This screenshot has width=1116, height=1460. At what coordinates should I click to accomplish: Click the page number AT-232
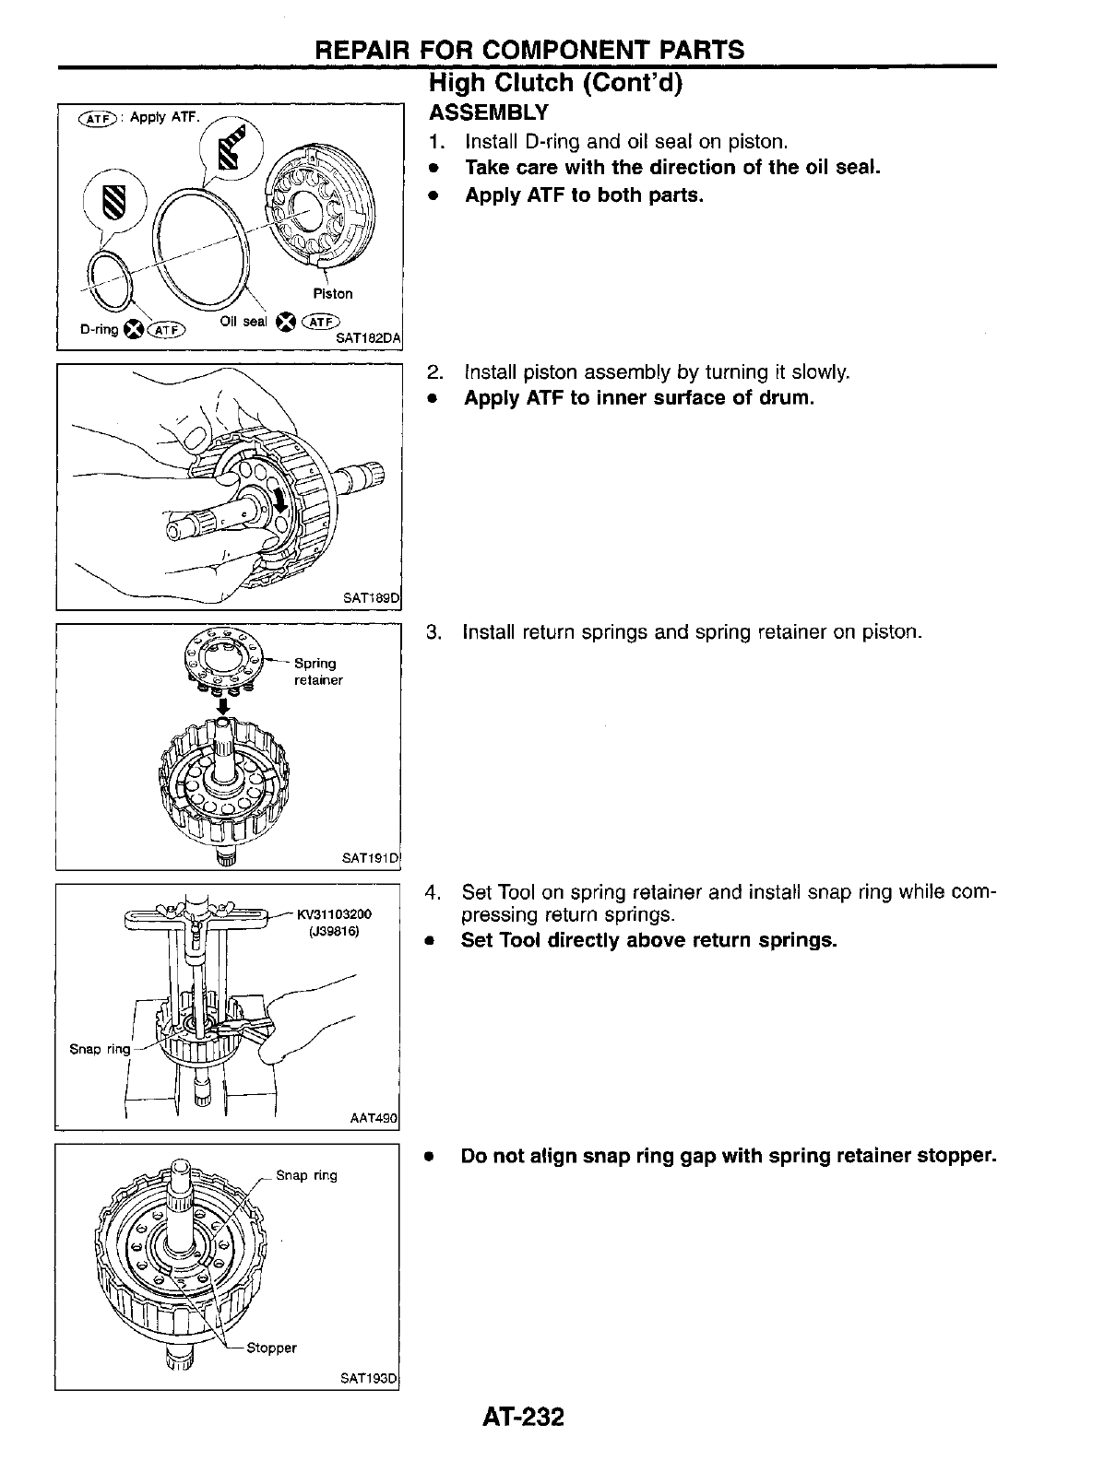pos(521,1416)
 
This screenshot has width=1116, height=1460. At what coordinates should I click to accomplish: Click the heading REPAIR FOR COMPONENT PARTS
pos(529,50)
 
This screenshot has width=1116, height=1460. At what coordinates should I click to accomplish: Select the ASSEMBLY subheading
pos(489,113)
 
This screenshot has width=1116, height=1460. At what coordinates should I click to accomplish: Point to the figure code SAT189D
pos(370,598)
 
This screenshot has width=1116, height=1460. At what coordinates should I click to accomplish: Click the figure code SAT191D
pos(370,858)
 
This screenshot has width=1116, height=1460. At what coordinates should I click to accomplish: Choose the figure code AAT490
pos(373,1118)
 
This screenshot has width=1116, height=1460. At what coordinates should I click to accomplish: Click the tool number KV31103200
pos(333,914)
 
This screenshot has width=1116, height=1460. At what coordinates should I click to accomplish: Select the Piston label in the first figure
pos(333,294)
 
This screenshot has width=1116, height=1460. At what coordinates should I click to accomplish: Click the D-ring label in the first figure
pos(99,329)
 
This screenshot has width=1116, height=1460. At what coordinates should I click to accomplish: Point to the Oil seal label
pos(243,322)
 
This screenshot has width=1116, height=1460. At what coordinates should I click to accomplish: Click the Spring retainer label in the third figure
pos(317,671)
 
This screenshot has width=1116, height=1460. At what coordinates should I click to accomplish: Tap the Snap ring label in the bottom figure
pos(307,1175)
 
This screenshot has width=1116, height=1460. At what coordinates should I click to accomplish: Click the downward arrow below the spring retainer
pos(222,704)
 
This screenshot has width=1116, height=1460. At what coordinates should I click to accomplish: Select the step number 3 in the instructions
pos(433,633)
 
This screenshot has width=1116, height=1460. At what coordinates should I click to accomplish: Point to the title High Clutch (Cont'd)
pos(556,83)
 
